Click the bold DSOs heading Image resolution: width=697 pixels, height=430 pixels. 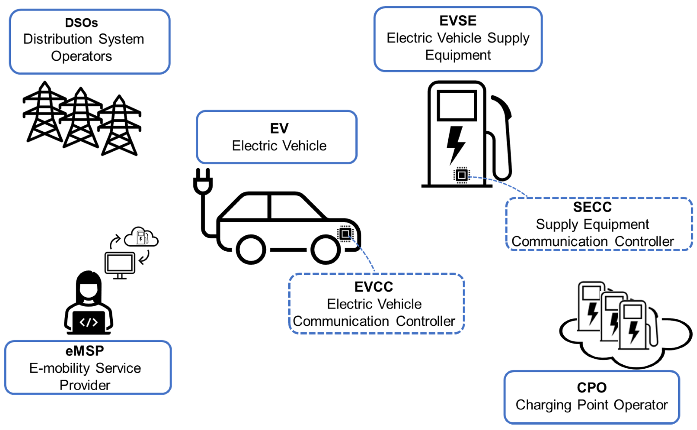(x=81, y=23)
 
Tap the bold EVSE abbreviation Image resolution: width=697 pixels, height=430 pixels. (x=458, y=21)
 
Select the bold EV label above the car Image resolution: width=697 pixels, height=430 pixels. (x=279, y=128)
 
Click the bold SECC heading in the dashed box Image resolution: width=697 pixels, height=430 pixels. (x=592, y=207)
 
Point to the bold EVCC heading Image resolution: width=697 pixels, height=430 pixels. (x=374, y=287)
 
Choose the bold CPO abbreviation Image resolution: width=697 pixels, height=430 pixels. (x=592, y=387)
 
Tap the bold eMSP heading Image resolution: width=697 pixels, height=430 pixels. (x=85, y=351)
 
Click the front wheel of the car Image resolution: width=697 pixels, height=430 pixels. (x=325, y=249)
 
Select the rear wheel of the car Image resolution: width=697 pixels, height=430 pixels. (x=251, y=249)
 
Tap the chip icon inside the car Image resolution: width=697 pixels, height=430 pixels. (x=345, y=234)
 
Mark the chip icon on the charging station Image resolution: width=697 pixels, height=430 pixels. (x=461, y=175)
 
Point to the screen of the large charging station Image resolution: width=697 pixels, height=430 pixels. (x=457, y=105)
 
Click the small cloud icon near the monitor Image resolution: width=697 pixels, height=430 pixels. (x=141, y=237)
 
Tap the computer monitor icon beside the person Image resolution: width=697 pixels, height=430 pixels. (x=120, y=263)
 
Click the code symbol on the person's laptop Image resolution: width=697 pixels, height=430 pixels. (x=89, y=322)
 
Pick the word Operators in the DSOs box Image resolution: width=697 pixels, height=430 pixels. (x=81, y=56)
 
